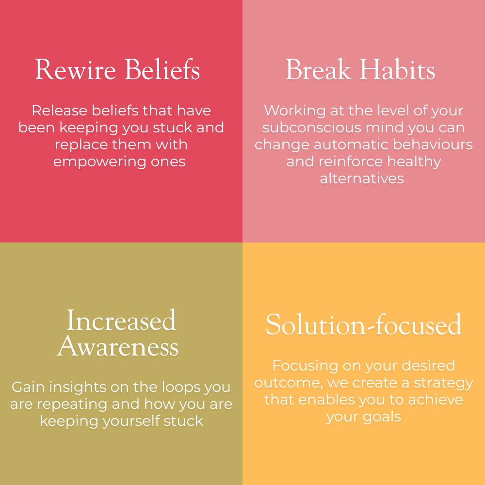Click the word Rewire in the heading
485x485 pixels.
[76, 69]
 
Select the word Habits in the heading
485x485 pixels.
[398, 69]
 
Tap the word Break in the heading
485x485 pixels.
[318, 69]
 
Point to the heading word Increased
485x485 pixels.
[121, 320]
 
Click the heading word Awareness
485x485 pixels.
[118, 346]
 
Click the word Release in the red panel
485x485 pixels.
[59, 111]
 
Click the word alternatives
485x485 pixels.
[362, 179]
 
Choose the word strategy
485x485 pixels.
[443, 384]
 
